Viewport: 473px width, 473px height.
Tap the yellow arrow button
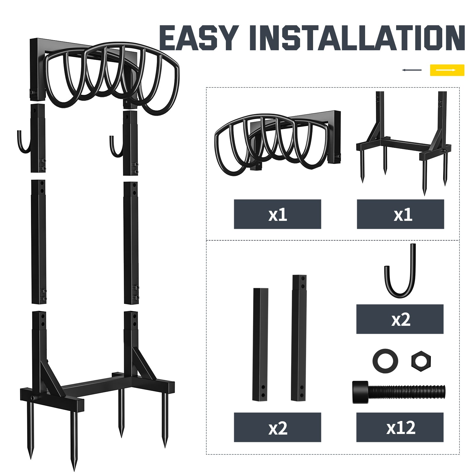tap(447, 70)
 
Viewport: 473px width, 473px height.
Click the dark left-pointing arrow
tap(412, 70)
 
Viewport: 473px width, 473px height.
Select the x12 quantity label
tap(400, 427)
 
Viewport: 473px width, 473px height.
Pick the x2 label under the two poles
tap(277, 427)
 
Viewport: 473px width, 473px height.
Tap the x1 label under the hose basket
tap(277, 214)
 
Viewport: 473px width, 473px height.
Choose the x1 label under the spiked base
tap(400, 214)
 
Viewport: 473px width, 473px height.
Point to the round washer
tap(385, 361)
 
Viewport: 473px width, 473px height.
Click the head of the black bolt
tap(360, 392)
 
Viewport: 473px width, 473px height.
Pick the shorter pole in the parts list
tap(260, 344)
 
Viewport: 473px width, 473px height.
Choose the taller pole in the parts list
tap(299, 338)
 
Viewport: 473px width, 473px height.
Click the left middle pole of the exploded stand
tap(38, 242)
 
